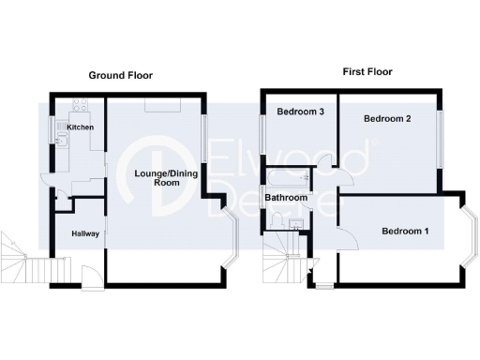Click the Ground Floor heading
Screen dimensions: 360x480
pyautogui.click(x=120, y=75)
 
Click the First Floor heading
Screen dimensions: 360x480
pyautogui.click(x=367, y=71)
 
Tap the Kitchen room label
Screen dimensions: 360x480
pyautogui.click(x=79, y=127)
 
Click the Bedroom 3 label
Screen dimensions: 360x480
pyautogui.click(x=300, y=112)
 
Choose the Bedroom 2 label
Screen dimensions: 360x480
pyautogui.click(x=389, y=119)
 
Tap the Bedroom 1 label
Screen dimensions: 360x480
pyautogui.click(x=405, y=231)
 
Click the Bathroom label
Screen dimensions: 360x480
pyautogui.click(x=286, y=199)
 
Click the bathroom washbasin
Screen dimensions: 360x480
pyautogui.click(x=295, y=223)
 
